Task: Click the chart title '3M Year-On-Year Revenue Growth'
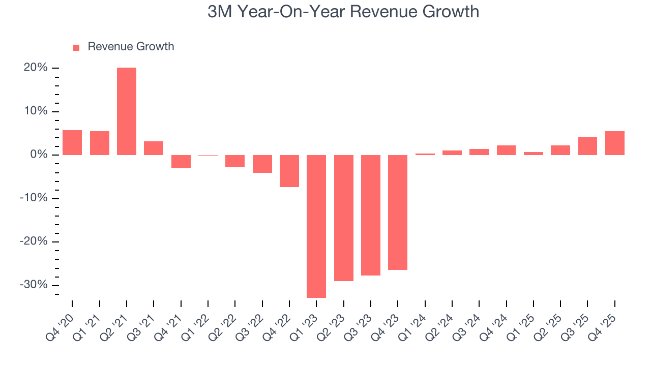tap(343, 12)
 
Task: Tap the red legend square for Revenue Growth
tap(76, 47)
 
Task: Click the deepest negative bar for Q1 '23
tap(316, 226)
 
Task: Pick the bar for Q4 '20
tap(72, 142)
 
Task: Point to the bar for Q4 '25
tap(614, 143)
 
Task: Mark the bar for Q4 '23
tap(398, 212)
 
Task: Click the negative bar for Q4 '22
tap(289, 171)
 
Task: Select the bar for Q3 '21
tap(154, 148)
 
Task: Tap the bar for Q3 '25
tap(587, 146)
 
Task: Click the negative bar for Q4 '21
tap(181, 162)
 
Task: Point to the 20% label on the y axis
tap(35, 68)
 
